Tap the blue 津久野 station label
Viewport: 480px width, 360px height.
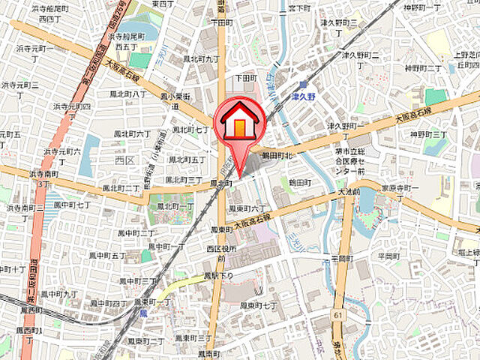(300, 94)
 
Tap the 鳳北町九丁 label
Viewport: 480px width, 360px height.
(202, 58)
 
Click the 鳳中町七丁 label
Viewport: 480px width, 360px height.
(73, 204)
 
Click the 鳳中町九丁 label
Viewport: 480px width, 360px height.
(59, 294)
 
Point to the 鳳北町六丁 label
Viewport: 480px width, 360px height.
(132, 133)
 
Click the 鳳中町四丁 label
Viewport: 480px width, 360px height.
(109, 303)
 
